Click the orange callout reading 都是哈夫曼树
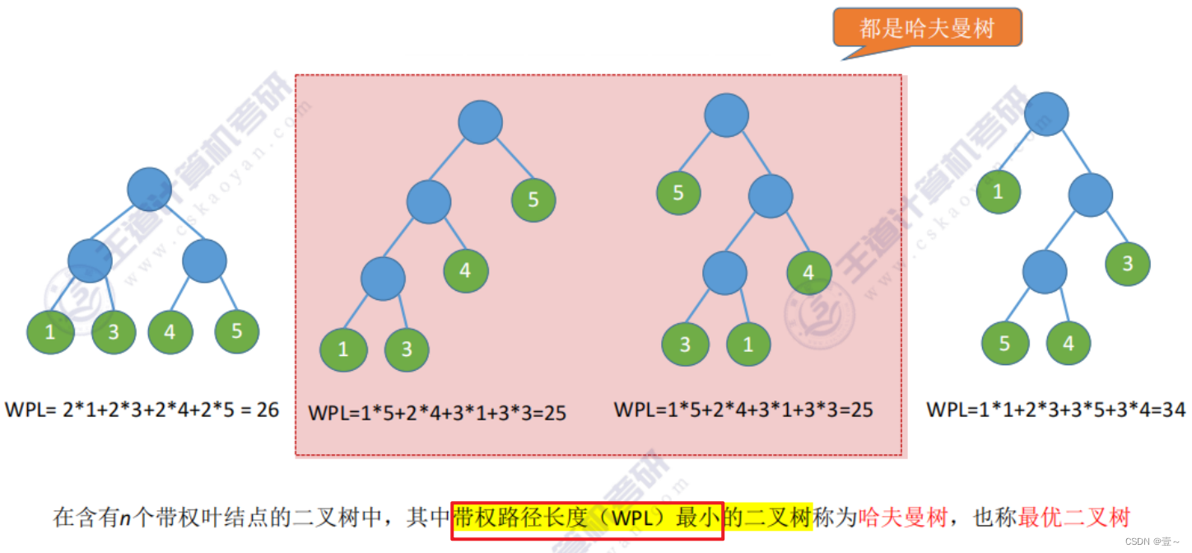pos(927,29)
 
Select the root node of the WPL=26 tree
pos(150,189)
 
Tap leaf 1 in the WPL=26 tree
pos(50,332)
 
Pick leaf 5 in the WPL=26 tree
pos(237,331)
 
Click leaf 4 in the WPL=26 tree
pos(170,332)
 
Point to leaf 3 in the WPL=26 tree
pos(114,332)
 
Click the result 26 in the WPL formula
pos(268,409)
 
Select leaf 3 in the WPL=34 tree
pos(1128,264)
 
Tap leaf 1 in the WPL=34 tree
pos(999,193)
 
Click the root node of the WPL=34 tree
pos(1046,114)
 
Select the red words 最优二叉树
pos(1073,518)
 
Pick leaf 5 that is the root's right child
pos(533,200)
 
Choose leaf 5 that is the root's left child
pos(678,194)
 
